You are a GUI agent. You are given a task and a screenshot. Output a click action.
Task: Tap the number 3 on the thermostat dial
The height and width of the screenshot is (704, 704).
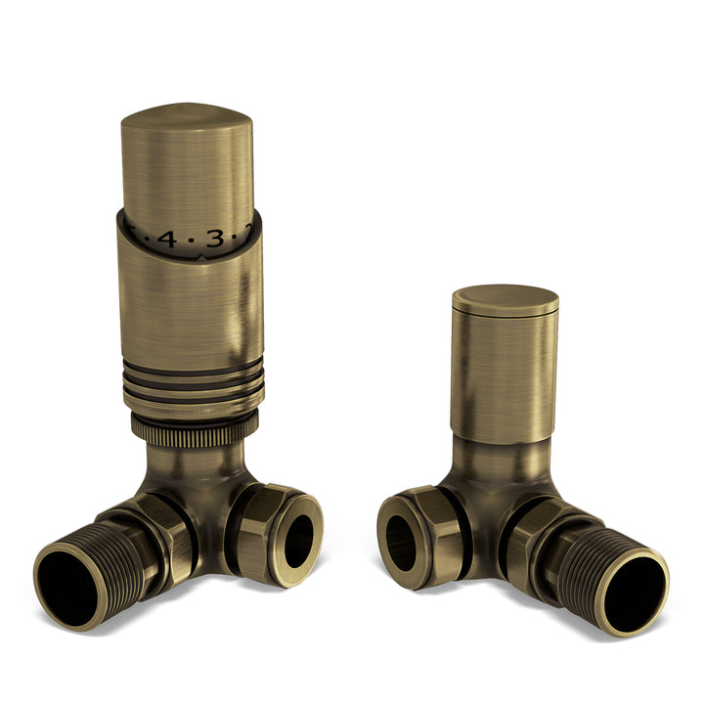pyautogui.click(x=215, y=239)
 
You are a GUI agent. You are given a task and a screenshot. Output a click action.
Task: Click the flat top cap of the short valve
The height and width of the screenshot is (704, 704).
pyautogui.click(x=505, y=298)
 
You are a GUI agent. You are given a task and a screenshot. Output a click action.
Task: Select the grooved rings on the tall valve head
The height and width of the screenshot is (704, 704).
pyautogui.click(x=192, y=385)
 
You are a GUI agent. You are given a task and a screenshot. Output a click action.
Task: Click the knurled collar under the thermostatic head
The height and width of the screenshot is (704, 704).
pyautogui.click(x=194, y=427)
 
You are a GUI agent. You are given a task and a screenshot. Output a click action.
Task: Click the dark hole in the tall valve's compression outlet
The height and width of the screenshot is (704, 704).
pyautogui.click(x=299, y=540)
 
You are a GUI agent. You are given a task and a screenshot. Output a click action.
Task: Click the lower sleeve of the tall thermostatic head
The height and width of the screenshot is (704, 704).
pyautogui.click(x=192, y=313)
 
